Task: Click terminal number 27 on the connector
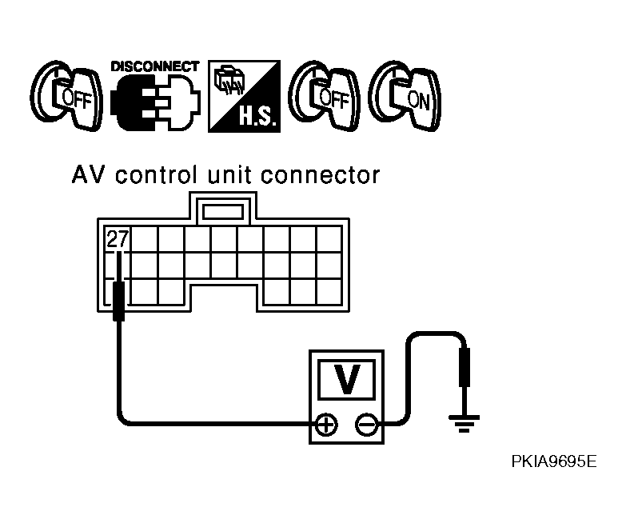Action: [x=118, y=239]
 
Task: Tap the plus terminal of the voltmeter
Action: [x=326, y=425]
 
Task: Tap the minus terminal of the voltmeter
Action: [x=366, y=425]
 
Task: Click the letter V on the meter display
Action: [x=346, y=379]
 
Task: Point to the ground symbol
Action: [x=464, y=424]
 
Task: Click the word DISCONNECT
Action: [x=155, y=66]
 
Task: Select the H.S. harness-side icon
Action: [x=244, y=96]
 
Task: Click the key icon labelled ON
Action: [x=405, y=96]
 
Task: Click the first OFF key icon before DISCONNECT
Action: [x=66, y=96]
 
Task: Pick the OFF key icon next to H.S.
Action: [x=324, y=96]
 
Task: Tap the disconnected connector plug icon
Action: [x=155, y=102]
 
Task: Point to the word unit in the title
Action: [x=229, y=175]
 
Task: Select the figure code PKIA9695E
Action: [x=554, y=461]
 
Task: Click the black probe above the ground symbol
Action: [x=465, y=367]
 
